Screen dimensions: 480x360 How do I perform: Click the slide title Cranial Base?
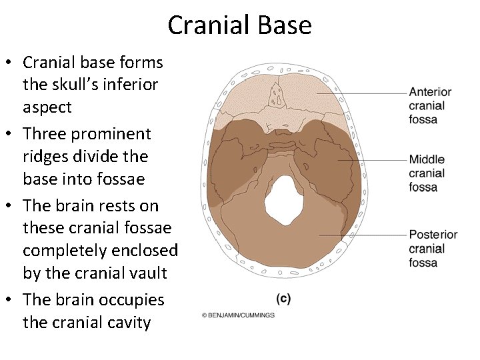[239, 25]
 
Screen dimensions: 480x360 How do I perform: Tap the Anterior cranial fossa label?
[430, 105]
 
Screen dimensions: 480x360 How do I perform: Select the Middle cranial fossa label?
[427, 173]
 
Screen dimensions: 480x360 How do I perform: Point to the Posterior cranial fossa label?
[433, 249]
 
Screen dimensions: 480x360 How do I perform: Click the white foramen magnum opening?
[285, 199]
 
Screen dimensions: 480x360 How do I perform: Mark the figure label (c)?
[283, 299]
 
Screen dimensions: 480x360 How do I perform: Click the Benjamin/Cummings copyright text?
[238, 315]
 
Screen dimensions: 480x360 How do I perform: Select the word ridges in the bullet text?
[47, 157]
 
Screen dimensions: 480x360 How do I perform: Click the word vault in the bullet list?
[147, 273]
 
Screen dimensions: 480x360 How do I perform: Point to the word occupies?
[131, 300]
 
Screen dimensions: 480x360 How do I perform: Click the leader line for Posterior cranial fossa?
[363, 235]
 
